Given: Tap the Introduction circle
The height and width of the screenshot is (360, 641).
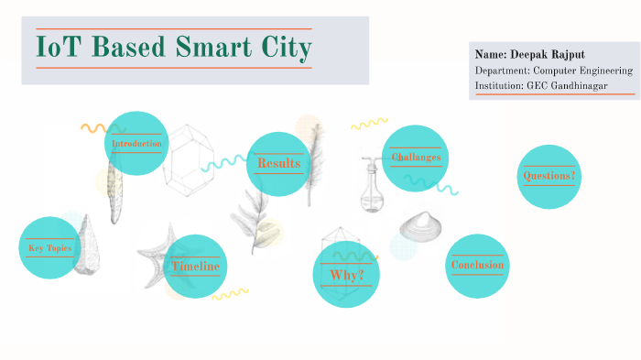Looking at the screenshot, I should tap(136, 144).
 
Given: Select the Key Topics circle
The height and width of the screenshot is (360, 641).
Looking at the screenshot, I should tap(49, 248).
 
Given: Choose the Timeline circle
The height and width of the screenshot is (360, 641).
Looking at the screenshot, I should tap(195, 267).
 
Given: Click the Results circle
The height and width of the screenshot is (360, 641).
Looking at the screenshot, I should tap(278, 163).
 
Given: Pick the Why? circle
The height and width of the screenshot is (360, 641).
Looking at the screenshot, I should tap(346, 275).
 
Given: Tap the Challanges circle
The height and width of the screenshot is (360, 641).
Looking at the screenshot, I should tap(416, 158).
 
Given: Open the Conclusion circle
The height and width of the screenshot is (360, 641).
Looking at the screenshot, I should tap(477, 266).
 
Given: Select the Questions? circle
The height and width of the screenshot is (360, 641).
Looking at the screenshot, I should tap(549, 176).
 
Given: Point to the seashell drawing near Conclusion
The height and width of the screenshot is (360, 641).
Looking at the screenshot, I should tap(420, 225).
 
